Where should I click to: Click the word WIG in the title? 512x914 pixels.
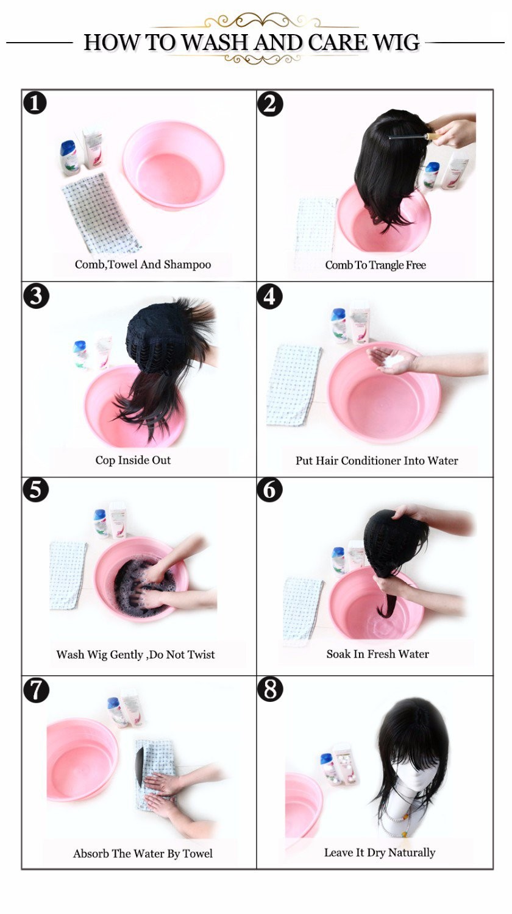[x=396, y=43]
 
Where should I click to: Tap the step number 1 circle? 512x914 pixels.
[x=35, y=103]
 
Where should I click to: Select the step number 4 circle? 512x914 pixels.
[x=269, y=297]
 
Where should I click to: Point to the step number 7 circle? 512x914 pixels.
[x=37, y=690]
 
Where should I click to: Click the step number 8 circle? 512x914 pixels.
[x=270, y=689]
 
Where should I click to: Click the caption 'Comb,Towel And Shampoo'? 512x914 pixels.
[x=143, y=264]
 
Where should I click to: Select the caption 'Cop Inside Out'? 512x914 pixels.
[x=133, y=460]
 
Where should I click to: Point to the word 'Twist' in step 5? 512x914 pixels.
[x=201, y=654]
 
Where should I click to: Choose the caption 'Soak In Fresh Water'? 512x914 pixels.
[x=378, y=654]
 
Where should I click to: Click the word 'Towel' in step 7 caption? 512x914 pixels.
[x=197, y=854]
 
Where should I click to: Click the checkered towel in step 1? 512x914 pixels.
[x=101, y=212]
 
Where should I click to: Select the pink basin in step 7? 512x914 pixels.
[x=82, y=760]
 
